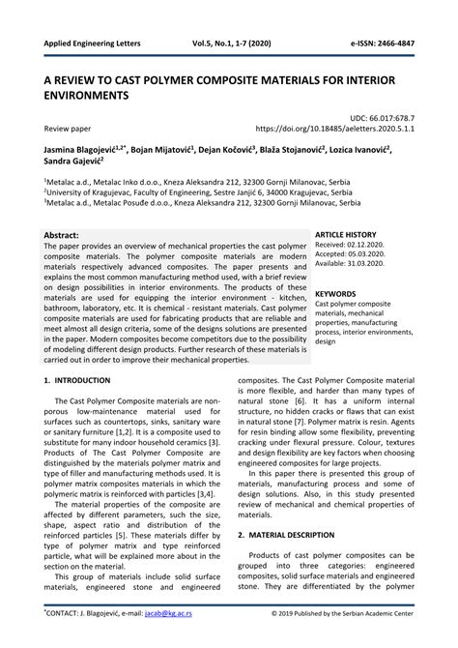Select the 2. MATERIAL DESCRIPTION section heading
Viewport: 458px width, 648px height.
coord(306,534)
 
